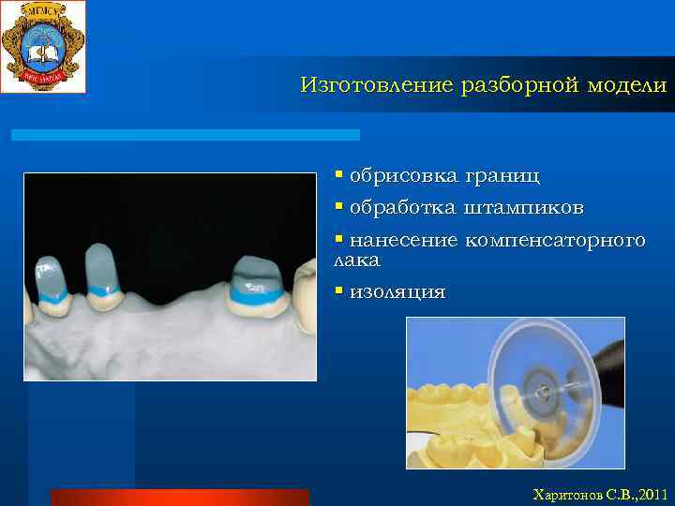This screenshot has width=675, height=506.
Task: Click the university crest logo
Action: pyautogui.click(x=43, y=46)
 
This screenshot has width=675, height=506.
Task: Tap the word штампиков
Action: pyautogui.click(x=524, y=206)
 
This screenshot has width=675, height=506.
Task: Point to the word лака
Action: pyautogui.click(x=357, y=260)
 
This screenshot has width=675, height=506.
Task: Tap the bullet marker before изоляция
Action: pyautogui.click(x=339, y=291)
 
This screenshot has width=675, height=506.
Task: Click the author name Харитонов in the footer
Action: pyautogui.click(x=563, y=493)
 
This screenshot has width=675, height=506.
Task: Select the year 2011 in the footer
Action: pyautogui.click(x=649, y=493)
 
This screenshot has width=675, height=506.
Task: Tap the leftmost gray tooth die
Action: pyautogui.click(x=49, y=279)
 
